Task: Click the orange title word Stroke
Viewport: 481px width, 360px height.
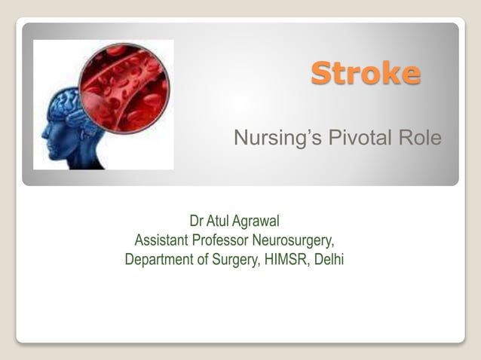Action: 366,74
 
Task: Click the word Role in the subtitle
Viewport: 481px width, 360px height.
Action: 419,139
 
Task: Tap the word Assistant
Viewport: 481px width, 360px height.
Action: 161,241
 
